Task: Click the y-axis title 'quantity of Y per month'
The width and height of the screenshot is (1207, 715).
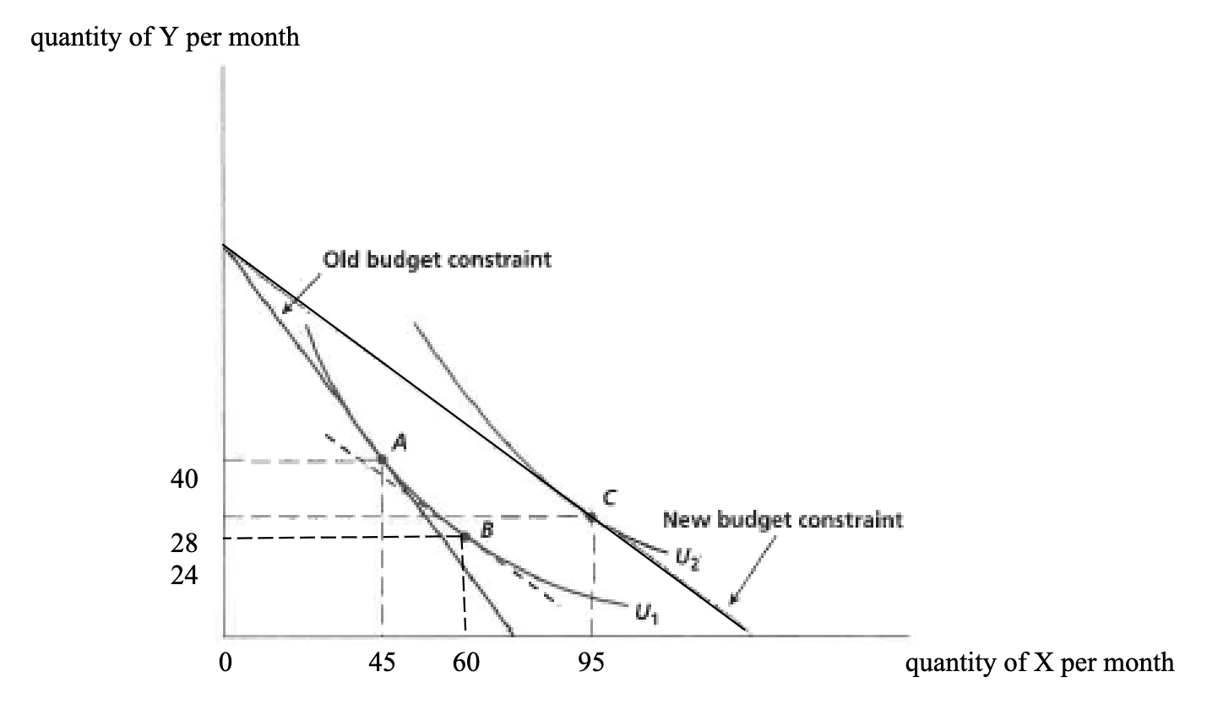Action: pos(165,38)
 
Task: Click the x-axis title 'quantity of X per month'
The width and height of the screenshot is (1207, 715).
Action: pos(1039,663)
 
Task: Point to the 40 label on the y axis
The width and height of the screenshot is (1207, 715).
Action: pos(184,479)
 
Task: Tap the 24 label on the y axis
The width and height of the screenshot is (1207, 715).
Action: pos(184,576)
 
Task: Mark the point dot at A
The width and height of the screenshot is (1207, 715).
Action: pos(382,459)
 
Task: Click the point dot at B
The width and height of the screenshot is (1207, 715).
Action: pos(465,536)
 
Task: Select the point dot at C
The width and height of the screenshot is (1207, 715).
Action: pos(591,515)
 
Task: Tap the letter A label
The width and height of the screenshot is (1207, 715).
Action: pos(400,440)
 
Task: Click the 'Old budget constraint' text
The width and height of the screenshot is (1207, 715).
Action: pos(437,259)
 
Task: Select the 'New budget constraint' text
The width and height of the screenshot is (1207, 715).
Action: pos(782,519)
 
